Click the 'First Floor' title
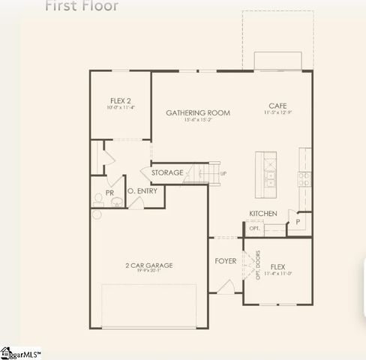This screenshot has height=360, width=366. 82,6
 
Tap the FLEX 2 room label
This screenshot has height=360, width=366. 120,101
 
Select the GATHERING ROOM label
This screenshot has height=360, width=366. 198,113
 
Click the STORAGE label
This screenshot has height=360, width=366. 167,173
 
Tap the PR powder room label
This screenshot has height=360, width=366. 109,193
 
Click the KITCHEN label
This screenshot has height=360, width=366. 263,214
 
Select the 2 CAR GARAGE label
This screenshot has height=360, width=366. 148,265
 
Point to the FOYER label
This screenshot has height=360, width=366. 225,261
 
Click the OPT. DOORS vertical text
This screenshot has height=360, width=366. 257,264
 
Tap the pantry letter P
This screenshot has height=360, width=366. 298,222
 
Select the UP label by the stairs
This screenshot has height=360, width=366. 223,173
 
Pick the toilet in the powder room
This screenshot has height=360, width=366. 98,198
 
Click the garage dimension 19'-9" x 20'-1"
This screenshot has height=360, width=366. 148,271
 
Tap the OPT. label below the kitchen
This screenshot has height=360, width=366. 254,228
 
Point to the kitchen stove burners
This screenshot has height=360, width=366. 304,178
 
